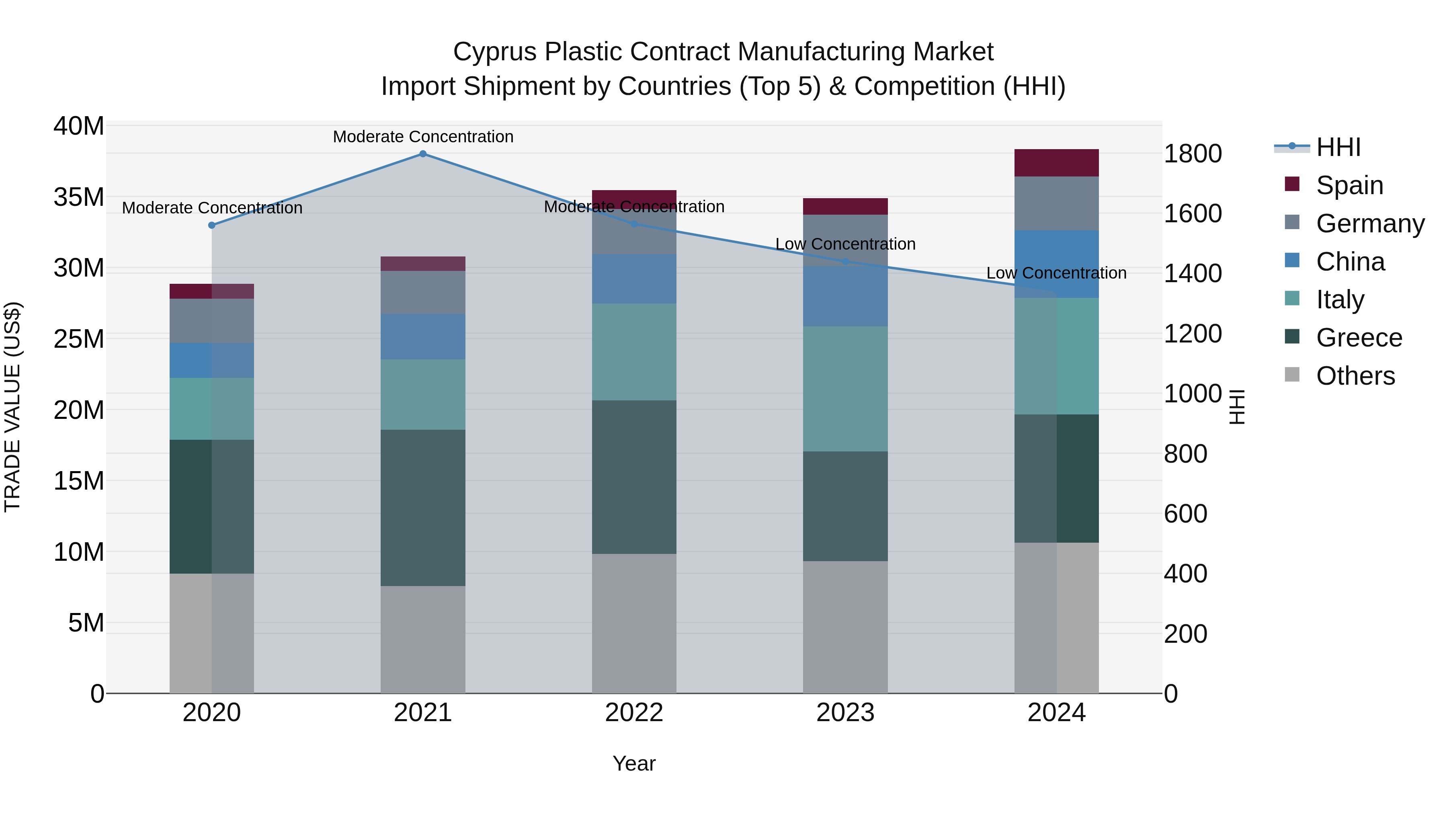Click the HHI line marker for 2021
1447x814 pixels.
click(x=423, y=154)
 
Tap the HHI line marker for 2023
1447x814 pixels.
click(x=845, y=262)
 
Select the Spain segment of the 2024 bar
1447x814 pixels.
click(x=1056, y=163)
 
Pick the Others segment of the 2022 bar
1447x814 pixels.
click(x=634, y=623)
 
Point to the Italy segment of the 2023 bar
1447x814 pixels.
click(x=845, y=389)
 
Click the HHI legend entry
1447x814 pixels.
click(x=1338, y=147)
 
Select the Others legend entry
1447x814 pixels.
click(x=1355, y=376)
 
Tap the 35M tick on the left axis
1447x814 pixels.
click(x=79, y=197)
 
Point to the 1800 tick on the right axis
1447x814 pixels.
click(x=1192, y=154)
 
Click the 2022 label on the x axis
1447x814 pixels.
click(x=634, y=713)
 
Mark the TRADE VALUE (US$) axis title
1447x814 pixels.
click(x=12, y=407)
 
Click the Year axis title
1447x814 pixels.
click(x=634, y=763)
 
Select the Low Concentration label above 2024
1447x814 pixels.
click(x=1056, y=273)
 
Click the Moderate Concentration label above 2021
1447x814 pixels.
click(x=423, y=137)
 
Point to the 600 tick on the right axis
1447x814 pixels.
click(x=1185, y=513)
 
